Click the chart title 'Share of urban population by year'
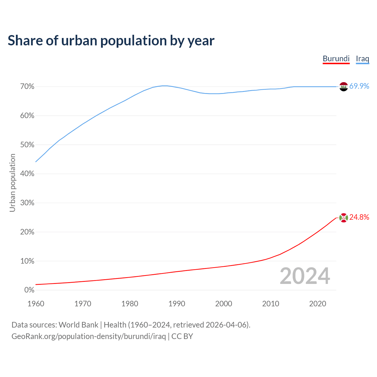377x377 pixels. pos(111,41)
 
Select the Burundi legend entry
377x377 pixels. pos(336,59)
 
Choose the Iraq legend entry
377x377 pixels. pos(362,59)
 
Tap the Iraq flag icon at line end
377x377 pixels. pos(343,87)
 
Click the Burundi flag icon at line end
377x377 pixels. pos(343,218)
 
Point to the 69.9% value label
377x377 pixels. pos(359,86)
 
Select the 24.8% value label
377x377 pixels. pos(359,217)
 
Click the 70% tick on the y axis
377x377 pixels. pos(27,87)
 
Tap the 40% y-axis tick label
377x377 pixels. pos(27,174)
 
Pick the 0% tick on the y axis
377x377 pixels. pos(29,290)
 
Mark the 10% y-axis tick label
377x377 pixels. pos(27,261)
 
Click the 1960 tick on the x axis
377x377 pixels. pos(36,304)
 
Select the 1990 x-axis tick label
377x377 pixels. pos(177,304)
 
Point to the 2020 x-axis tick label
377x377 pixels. pos(318,304)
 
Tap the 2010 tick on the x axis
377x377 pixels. pos(271,304)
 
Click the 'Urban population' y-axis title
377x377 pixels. pos(12,183)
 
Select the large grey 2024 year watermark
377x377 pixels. pos(305,276)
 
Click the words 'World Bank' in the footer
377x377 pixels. pos(78,325)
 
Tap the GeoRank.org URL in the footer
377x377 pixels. pos(89,336)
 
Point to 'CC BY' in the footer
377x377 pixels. pos(182,336)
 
